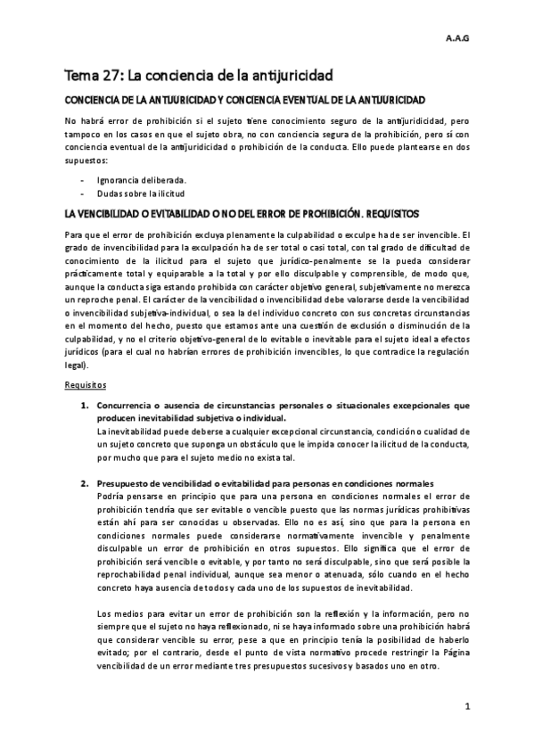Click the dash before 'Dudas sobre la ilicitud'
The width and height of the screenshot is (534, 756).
coord(82,193)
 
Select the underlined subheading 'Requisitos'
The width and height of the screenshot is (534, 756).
coord(86,385)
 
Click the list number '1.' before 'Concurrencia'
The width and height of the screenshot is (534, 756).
coord(85,406)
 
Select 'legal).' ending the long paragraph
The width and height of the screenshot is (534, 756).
coord(78,365)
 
